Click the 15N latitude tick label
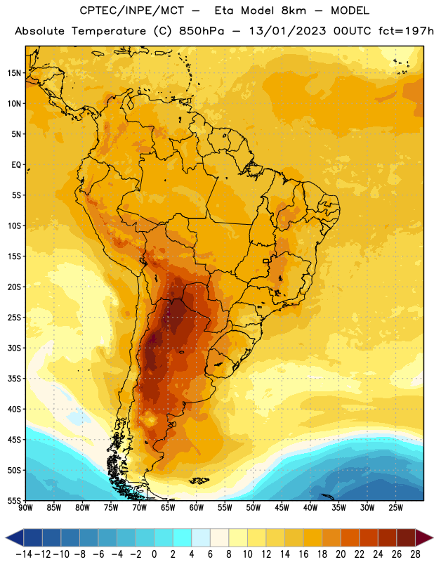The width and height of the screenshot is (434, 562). tap(14, 73)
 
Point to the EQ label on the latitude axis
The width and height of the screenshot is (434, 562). tap(16, 165)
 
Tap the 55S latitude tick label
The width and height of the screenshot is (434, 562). tap(14, 500)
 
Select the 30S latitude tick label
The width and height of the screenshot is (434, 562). tap(14, 348)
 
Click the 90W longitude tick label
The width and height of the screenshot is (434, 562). tap(26, 507)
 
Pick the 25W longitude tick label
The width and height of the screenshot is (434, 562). tap(396, 507)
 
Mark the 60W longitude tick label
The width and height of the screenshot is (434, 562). tap(197, 507)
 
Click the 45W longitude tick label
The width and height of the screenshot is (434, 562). tap(282, 507)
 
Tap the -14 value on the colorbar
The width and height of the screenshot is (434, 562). tap(24, 554)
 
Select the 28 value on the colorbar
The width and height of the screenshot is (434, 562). tap(415, 554)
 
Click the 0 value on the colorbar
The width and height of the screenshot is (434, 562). tap(154, 554)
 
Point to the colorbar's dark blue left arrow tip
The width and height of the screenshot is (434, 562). tap(6, 537)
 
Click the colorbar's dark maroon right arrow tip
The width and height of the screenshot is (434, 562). tap(433, 537)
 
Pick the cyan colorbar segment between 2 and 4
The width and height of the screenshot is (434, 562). tap(182, 537)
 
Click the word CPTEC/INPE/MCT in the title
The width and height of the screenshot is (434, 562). tap(132, 11)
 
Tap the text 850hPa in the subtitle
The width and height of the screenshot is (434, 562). tap(202, 31)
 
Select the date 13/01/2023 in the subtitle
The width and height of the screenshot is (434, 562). tap(288, 31)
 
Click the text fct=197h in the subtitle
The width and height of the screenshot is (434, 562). tap(406, 31)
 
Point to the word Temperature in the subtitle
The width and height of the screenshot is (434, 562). tap(109, 31)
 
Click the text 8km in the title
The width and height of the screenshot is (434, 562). tap(294, 11)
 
